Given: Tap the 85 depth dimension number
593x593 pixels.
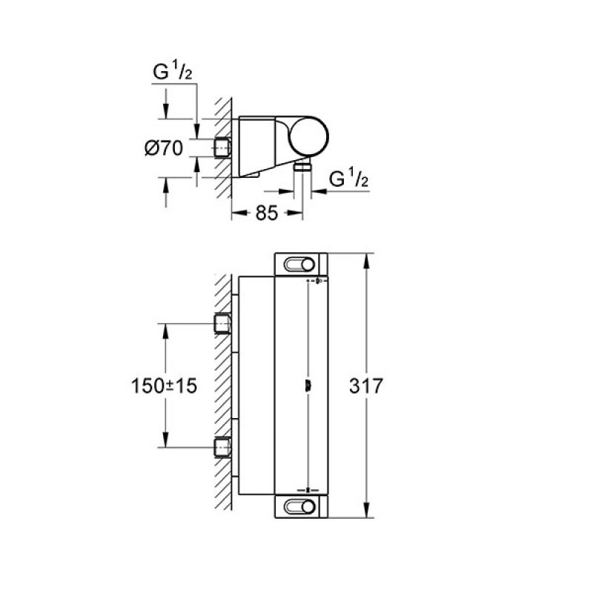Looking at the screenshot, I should click(267, 213).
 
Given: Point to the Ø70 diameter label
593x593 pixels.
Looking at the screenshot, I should click(164, 148).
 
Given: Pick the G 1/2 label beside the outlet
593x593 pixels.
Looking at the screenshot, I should click(349, 179).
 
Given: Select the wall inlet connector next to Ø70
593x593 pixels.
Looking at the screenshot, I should click(221, 148).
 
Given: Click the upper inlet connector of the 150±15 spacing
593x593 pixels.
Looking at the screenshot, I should click(222, 324).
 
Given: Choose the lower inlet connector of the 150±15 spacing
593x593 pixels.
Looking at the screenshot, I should click(222, 447).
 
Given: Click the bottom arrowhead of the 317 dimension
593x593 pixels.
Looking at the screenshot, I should click(366, 513).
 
